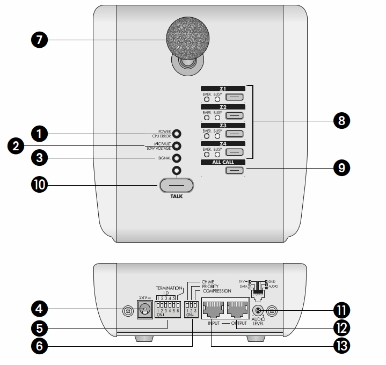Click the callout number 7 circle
pos(40,39)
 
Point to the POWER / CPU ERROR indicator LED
pos(176,134)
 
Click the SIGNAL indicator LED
pos(176,158)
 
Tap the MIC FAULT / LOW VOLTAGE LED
pos(176,146)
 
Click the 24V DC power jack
pos(144,309)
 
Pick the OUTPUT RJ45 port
pos(238,309)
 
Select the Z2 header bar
pos(223,107)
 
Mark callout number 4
pos(40,309)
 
